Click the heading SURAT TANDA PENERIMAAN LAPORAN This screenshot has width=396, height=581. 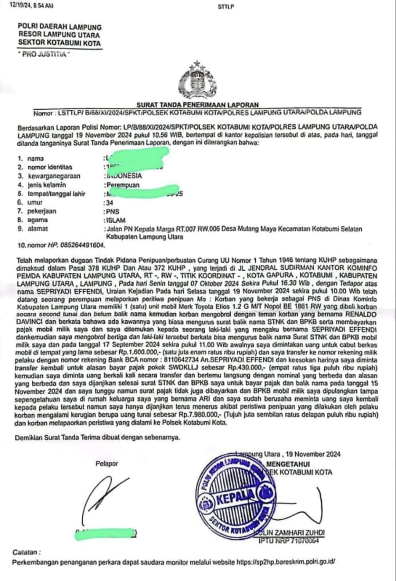coord(197,105)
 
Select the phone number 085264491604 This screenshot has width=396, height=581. coord(74,246)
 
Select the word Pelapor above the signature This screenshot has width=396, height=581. coord(107,464)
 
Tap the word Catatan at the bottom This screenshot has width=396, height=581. coord(26,552)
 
